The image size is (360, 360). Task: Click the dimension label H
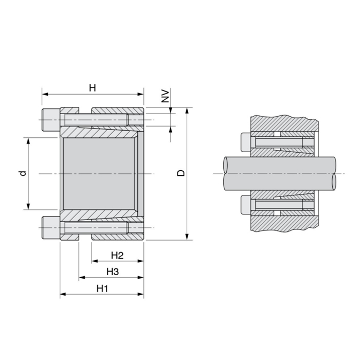pos(93,88)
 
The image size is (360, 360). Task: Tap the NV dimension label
pos(166,96)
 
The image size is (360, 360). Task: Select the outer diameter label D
pos(181,173)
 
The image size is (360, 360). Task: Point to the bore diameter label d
pos(22,173)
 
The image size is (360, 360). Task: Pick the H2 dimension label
pos(117,255)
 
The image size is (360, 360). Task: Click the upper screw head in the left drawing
pos(50,121)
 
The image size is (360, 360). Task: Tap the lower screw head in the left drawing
pos(50,227)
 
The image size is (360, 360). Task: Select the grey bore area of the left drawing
pos(98,174)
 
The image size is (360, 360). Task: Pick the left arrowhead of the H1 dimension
pos(63,295)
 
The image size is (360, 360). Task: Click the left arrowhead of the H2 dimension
pos(94,261)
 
